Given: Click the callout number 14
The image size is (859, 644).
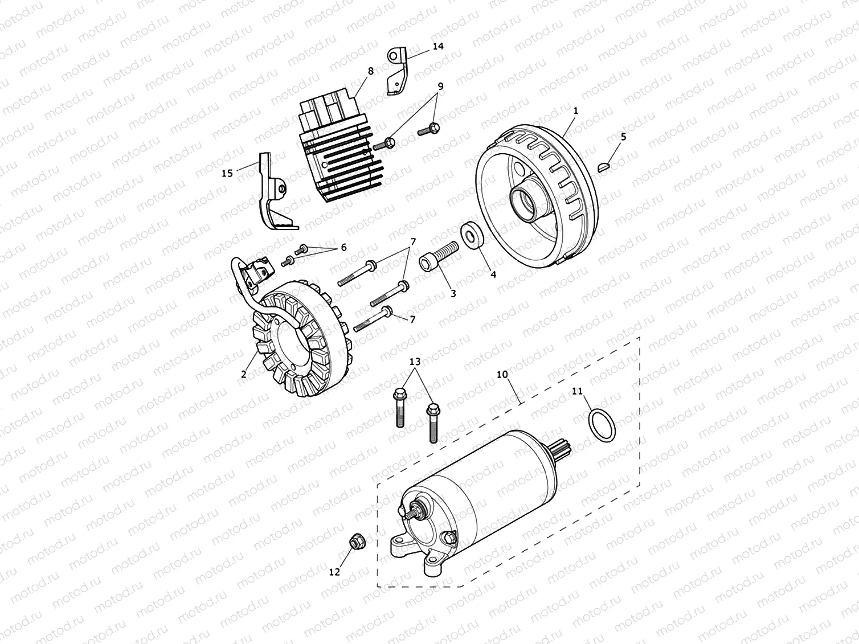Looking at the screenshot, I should (437, 46).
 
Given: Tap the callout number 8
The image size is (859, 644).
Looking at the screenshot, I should (371, 71).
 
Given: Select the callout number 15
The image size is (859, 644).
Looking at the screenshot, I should (227, 173).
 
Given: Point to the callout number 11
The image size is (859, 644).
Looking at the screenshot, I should (578, 391).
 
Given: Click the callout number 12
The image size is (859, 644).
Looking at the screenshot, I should (334, 572).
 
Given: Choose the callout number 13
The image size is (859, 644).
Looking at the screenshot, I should (415, 362).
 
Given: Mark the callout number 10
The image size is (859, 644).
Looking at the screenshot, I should (502, 375).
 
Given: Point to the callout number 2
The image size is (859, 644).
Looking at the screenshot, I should (244, 374).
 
